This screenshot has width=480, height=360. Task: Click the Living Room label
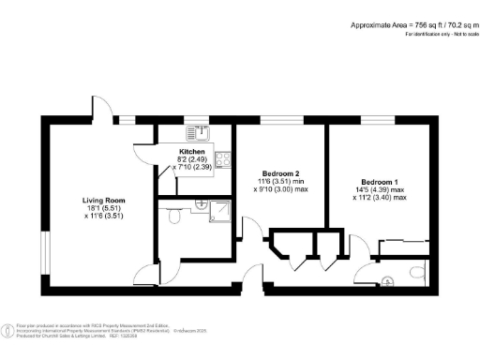(x=103, y=200)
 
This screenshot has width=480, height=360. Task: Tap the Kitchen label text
(x=192, y=151)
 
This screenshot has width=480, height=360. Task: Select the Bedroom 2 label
(x=280, y=173)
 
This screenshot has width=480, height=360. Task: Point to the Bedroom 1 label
(x=380, y=183)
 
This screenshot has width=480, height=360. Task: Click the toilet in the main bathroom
(x=174, y=217)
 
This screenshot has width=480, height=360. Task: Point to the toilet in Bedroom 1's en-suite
(x=416, y=273)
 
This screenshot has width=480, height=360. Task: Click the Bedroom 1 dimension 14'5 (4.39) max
(x=380, y=190)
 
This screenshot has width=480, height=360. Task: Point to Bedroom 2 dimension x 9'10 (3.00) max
(x=280, y=189)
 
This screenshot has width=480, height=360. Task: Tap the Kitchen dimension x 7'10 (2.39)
(x=192, y=166)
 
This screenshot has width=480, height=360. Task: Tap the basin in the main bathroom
(x=200, y=202)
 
